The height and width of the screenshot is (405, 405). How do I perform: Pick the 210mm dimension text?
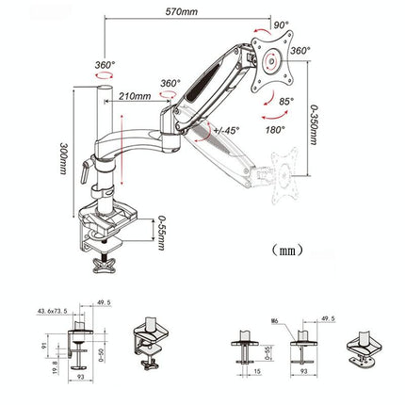pos(136,96)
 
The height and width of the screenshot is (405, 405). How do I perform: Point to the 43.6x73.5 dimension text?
pos(57,312)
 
